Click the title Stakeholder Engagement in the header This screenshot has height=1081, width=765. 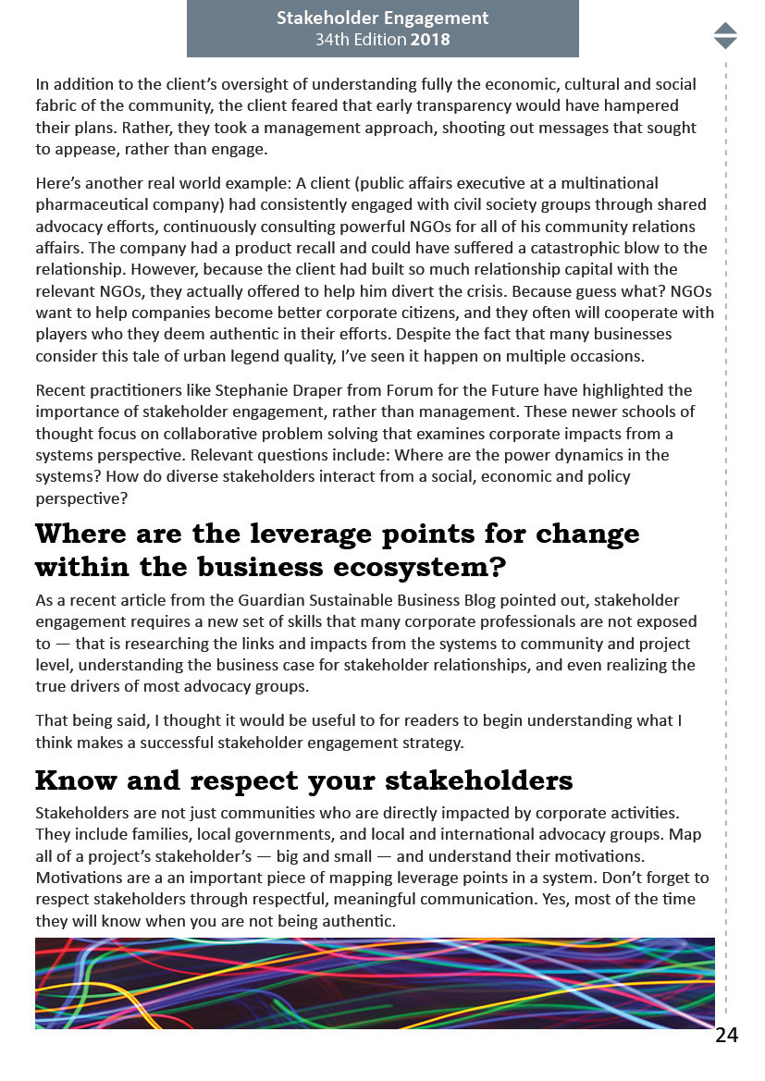click(382, 18)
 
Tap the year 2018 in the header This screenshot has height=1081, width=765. click(432, 41)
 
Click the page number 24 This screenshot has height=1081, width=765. click(726, 1035)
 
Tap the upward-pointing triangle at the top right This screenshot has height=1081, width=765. click(725, 28)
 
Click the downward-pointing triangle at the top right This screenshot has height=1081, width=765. click(725, 43)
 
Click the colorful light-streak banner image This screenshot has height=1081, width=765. click(375, 983)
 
